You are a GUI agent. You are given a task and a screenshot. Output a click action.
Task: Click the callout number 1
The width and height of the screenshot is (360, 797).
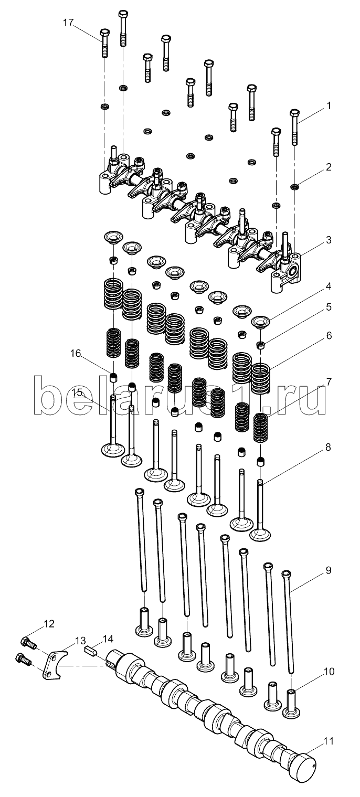coord(329,105)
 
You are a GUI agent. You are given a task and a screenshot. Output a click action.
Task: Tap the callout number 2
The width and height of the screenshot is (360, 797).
coord(329,168)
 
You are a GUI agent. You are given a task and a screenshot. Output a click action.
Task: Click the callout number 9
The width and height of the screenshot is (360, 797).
coord(329,570)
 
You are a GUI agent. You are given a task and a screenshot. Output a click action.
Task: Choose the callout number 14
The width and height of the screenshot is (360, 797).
coord(108,639)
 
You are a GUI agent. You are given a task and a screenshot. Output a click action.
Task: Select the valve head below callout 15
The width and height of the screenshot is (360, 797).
coord(113,450)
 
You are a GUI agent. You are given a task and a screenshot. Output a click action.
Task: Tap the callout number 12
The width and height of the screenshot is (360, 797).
coord(49,624)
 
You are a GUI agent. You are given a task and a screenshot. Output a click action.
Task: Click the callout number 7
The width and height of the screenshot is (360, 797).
coord(329,382)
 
